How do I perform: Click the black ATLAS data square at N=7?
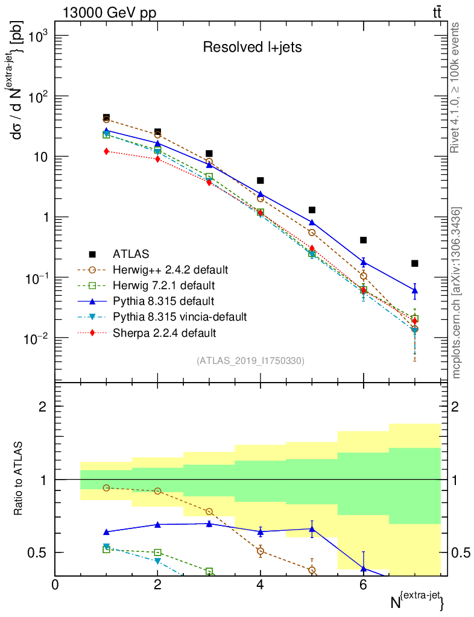(x=414, y=263)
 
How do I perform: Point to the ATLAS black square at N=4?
(x=261, y=180)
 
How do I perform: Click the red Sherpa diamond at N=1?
(x=106, y=151)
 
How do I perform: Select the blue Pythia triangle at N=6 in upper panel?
(x=363, y=262)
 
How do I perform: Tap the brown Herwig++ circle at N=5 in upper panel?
(x=312, y=233)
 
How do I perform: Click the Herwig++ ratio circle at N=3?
(x=209, y=512)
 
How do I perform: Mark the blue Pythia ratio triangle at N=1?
(x=106, y=532)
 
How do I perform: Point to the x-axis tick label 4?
(x=260, y=584)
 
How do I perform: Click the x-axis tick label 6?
(x=363, y=584)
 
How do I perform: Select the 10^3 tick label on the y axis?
(x=33, y=36)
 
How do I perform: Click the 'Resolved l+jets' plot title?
(x=251, y=47)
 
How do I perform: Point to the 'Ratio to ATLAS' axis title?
(x=18, y=480)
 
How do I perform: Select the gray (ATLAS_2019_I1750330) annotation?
(x=250, y=361)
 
